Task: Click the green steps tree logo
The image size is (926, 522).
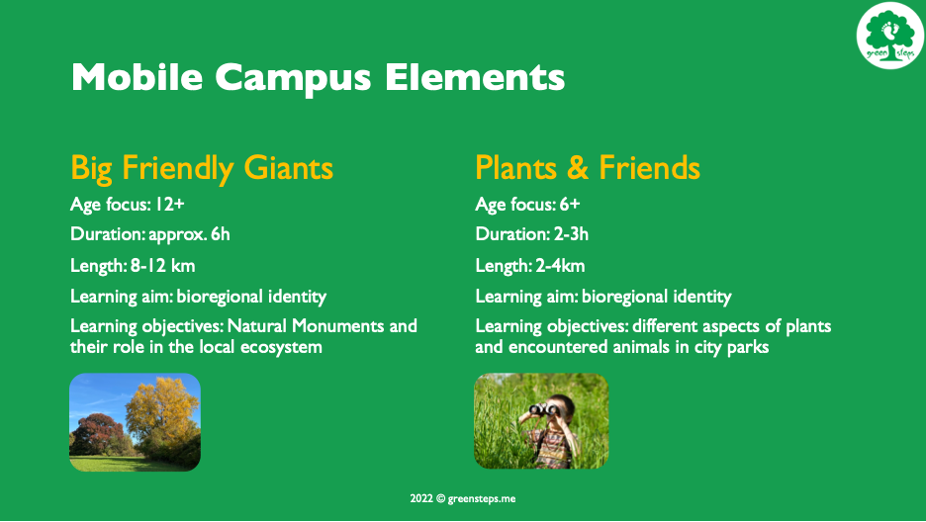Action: pos(890,36)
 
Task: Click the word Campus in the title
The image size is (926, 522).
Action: pos(293,77)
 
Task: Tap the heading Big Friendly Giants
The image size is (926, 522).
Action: pos(202,168)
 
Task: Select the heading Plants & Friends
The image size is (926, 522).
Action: pos(588,167)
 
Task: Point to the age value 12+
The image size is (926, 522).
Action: pos(170,204)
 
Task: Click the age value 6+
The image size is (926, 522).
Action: pos(570,204)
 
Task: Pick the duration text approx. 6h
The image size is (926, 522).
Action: pos(189,234)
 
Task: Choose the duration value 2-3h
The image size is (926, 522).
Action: pos(571,234)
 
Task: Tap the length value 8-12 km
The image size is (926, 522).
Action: pos(162,265)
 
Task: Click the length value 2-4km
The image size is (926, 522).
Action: pos(560,265)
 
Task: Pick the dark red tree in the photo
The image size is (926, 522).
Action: pos(95,434)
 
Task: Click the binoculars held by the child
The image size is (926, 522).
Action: pos(543,408)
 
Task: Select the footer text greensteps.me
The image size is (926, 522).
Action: pos(482,499)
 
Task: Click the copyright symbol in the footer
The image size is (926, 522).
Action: pos(440,498)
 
